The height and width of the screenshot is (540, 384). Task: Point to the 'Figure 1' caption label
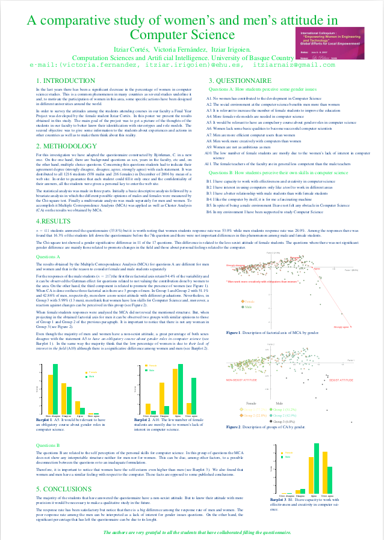[x=234, y=332]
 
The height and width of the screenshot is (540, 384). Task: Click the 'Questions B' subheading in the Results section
[x=48, y=444]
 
